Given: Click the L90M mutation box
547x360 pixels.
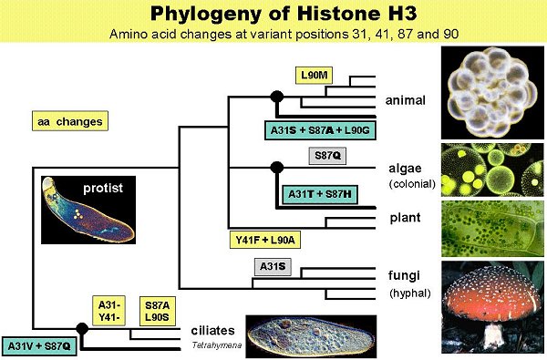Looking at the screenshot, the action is pos(314,76).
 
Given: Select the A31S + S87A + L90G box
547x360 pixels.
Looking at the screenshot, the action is pos(320,130).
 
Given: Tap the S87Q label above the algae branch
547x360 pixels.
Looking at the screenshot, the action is pos(327,156).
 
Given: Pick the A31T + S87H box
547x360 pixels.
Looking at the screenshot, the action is pos(320,194).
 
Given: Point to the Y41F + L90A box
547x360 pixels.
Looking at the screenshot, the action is pos(265,240).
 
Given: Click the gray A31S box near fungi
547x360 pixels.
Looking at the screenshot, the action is pos(273,267).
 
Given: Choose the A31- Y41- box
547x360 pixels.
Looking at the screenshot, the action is pos(108,311).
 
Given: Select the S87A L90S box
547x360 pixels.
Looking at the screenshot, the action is pos(158,311).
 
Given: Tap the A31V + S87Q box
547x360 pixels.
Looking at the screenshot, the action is pos(39,346).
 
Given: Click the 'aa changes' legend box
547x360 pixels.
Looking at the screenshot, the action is pos(70,121).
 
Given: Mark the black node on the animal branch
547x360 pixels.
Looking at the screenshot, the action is pos(277,97).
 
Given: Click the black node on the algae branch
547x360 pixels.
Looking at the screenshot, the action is pos(277,168).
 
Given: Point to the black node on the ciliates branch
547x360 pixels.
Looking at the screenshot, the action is pos(82,329).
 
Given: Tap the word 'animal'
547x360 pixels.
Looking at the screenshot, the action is pos(406,100).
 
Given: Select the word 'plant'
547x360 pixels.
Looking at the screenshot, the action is pos(405,218).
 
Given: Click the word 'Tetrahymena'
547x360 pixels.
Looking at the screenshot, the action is pos(217,345).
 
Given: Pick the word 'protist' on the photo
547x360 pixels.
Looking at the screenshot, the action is pos(103,188).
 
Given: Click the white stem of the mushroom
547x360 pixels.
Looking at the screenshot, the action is pos(493,337).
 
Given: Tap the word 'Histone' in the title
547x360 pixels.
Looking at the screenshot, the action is pos(337,14).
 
